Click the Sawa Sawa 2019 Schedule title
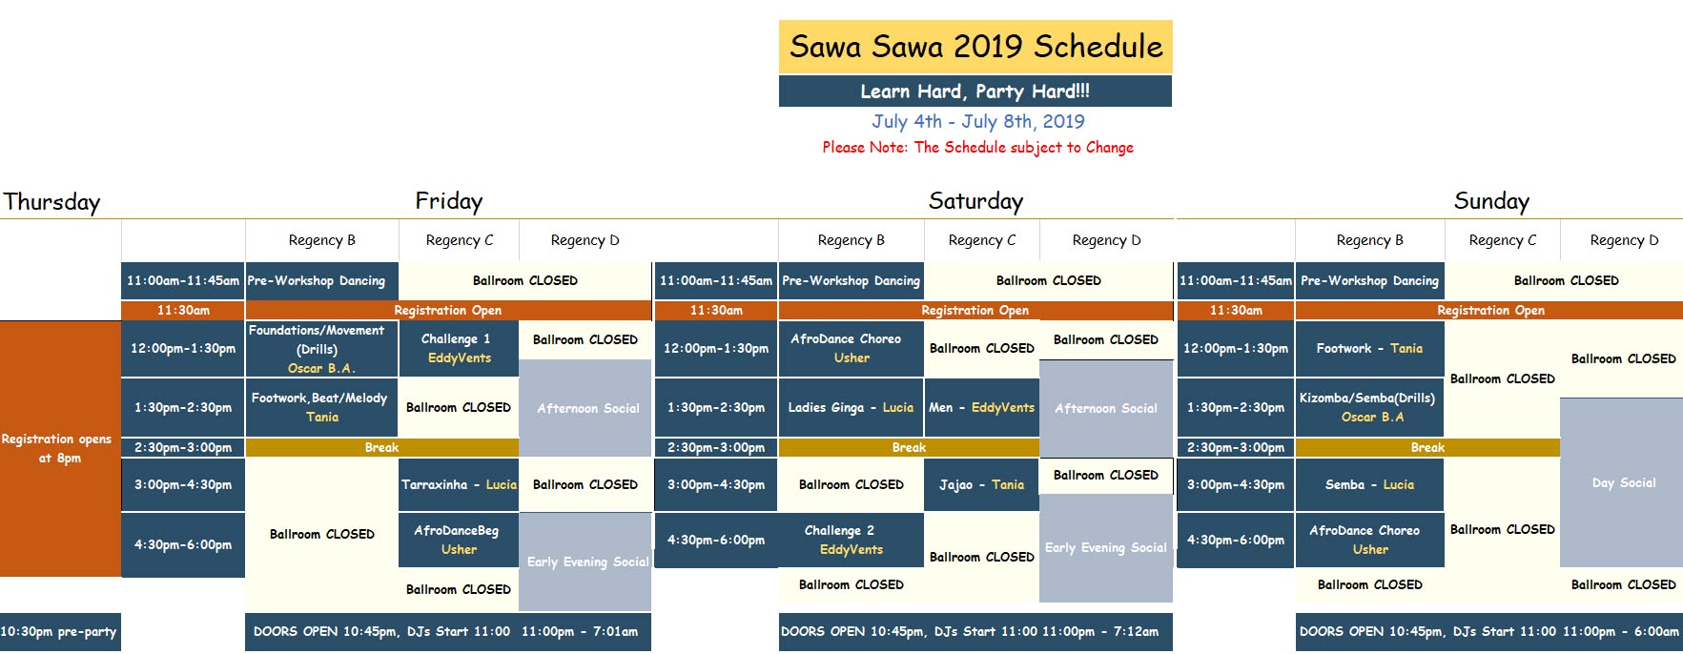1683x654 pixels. click(975, 47)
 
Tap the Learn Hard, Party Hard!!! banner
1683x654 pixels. click(975, 92)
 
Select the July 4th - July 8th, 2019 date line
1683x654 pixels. click(977, 121)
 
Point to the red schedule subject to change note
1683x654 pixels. click(977, 147)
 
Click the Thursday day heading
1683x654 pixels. click(51, 202)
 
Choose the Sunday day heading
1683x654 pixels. click(1491, 201)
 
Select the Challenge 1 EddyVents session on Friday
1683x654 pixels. click(459, 348)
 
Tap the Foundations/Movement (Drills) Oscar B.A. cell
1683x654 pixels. click(321, 348)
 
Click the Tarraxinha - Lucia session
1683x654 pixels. click(459, 484)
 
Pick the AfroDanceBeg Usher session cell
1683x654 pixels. click(459, 540)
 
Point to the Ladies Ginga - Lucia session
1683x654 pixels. click(851, 407)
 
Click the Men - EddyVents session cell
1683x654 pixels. click(981, 407)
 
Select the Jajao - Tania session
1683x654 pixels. click(981, 484)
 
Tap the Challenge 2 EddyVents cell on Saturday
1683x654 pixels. click(851, 540)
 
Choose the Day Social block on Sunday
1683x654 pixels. click(1623, 482)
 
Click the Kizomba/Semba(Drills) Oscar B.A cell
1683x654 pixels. click(1369, 407)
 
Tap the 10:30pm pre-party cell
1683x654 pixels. click(60, 631)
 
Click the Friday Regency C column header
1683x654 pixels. click(459, 240)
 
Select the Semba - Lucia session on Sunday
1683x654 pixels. click(1369, 484)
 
